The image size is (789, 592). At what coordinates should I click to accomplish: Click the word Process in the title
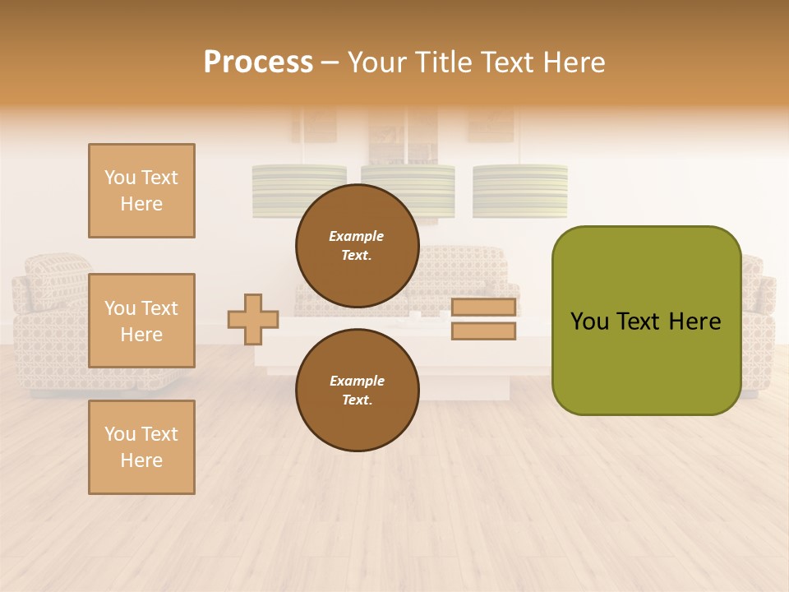tap(258, 62)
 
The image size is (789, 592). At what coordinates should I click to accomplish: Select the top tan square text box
tap(141, 191)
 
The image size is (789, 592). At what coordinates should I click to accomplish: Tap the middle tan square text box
tap(141, 321)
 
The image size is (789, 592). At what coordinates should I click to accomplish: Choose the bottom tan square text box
tap(141, 447)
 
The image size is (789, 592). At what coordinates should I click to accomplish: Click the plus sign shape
tap(253, 319)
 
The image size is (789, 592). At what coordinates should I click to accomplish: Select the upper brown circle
tap(357, 246)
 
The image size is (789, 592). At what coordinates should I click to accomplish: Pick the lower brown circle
tap(357, 391)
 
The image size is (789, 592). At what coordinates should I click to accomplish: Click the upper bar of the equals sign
tap(483, 308)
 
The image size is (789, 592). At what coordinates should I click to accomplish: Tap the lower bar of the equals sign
tap(483, 331)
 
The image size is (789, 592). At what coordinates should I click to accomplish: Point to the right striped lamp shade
tap(519, 191)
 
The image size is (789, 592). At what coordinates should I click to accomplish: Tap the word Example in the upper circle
tap(357, 236)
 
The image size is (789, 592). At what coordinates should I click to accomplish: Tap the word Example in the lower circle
tap(357, 381)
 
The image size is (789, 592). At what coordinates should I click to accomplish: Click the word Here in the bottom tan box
tap(141, 460)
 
